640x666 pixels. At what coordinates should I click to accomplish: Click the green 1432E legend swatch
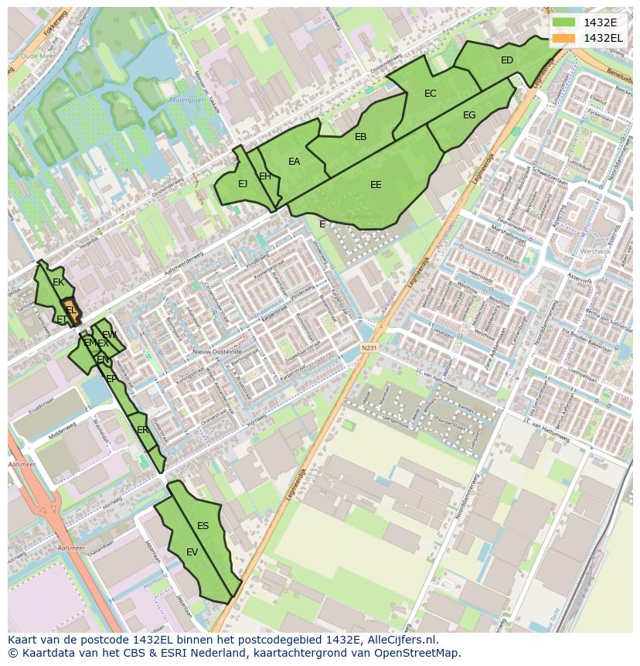(564, 22)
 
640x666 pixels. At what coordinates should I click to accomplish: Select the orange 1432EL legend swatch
(564, 37)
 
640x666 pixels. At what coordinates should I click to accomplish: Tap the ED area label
(507, 60)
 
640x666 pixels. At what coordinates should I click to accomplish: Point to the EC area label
(431, 94)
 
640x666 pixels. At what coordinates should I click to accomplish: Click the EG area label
(469, 115)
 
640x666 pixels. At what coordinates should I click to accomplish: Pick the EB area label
(360, 137)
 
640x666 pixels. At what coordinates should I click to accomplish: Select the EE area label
(376, 185)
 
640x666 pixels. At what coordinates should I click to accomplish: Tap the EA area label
(294, 162)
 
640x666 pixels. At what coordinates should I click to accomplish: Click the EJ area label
(243, 184)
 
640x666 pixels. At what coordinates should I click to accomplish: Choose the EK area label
(58, 282)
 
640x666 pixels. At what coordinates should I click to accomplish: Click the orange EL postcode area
(70, 309)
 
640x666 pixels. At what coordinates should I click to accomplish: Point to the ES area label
(203, 526)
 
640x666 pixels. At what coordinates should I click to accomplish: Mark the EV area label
(192, 552)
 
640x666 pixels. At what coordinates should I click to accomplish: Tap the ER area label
(142, 430)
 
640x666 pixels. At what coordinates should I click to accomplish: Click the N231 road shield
(369, 348)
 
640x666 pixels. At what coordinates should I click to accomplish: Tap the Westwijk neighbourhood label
(594, 251)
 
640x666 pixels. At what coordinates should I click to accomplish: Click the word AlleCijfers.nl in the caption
(401, 640)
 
